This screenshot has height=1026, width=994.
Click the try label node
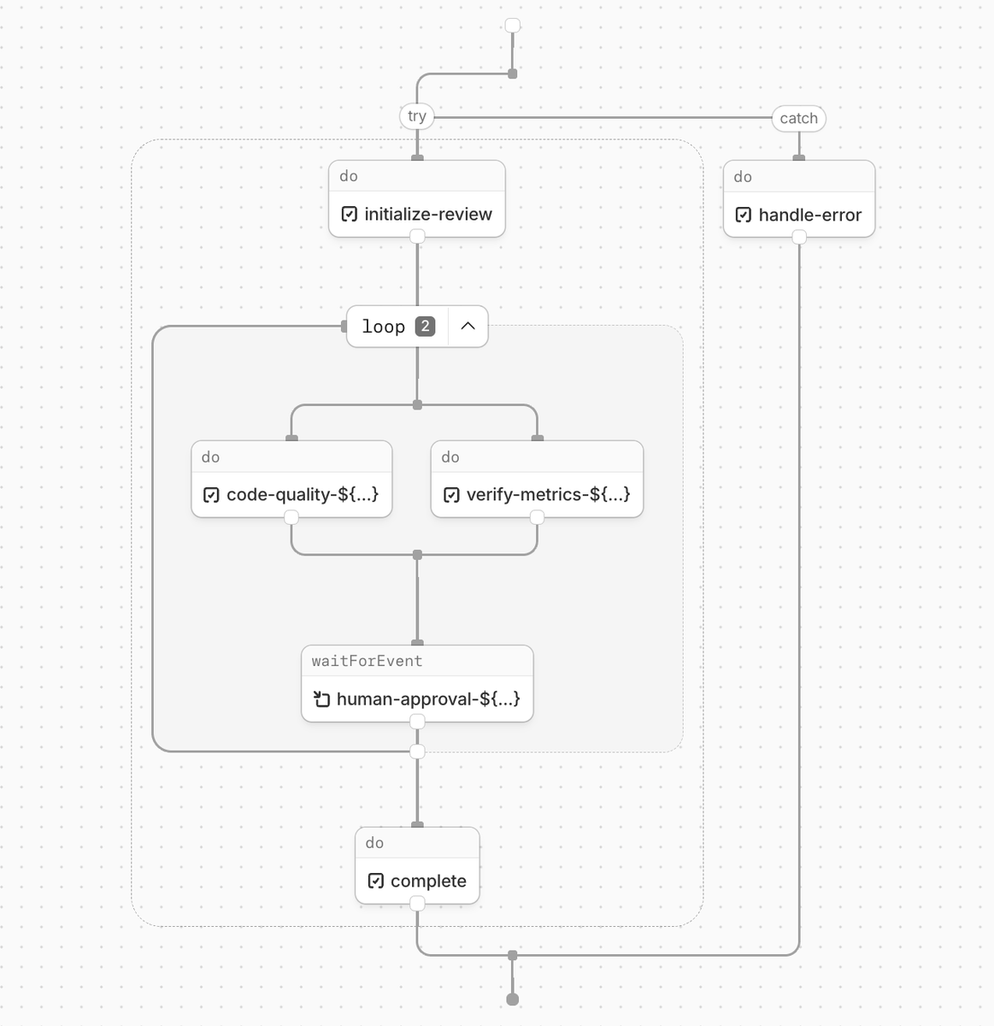tap(416, 116)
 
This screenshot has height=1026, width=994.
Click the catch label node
tap(798, 118)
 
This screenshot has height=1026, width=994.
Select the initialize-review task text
tap(427, 214)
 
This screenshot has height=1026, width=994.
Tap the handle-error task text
tap(809, 215)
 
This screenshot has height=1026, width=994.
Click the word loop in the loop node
tap(383, 327)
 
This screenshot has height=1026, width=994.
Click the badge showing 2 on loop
tap(425, 326)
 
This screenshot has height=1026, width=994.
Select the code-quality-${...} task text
tap(302, 494)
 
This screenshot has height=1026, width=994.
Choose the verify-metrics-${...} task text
tap(548, 494)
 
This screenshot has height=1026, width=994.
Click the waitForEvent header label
tap(367, 661)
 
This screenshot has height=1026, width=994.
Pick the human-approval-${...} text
tap(427, 699)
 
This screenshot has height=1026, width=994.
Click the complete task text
tap(428, 881)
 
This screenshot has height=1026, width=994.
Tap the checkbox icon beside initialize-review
tap(349, 214)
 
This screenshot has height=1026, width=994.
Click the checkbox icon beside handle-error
tap(744, 215)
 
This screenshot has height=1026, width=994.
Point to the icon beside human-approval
tap(321, 699)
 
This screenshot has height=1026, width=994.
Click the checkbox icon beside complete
tap(375, 881)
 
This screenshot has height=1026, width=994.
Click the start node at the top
tap(513, 26)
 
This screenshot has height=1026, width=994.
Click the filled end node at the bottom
tap(513, 999)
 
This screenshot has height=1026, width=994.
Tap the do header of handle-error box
tap(743, 177)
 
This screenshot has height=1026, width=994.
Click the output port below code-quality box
tap(291, 517)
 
